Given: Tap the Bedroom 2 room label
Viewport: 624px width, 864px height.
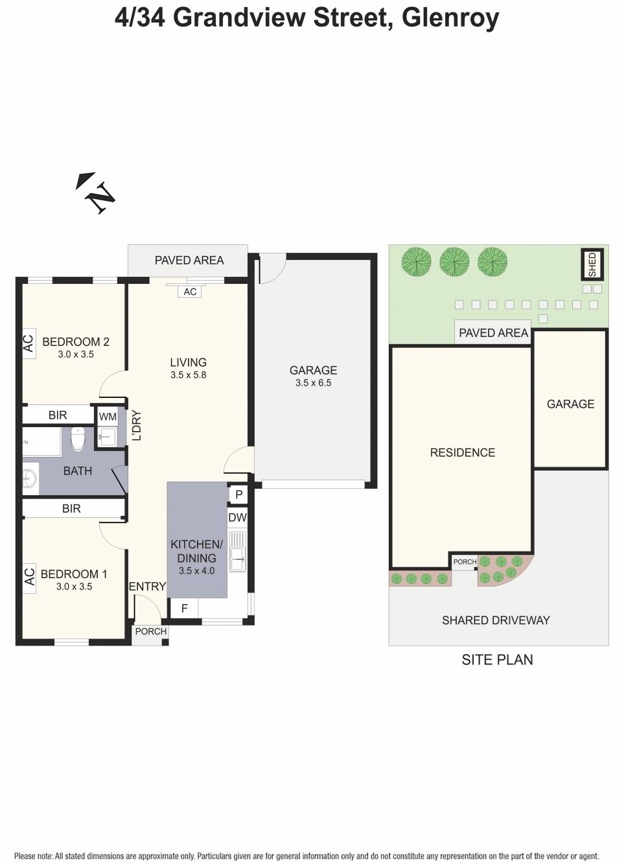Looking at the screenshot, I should click(75, 342).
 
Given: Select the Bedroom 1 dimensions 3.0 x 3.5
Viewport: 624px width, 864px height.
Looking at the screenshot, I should click(74, 587).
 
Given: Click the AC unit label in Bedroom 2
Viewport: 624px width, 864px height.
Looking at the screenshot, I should click(28, 342).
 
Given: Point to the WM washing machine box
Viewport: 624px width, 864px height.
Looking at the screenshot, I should click(108, 417).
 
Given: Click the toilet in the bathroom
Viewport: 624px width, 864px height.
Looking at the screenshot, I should click(78, 439).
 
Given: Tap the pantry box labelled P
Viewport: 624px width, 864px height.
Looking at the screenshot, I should click(238, 495).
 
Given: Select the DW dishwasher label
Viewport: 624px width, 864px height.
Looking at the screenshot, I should click(237, 517).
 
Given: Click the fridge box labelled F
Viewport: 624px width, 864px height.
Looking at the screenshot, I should click(184, 609).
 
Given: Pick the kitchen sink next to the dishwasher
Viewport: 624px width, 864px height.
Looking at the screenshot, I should click(238, 552).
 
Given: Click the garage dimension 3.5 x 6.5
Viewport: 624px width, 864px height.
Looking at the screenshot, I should click(313, 383).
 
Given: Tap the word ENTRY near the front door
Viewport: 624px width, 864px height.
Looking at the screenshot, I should click(147, 587).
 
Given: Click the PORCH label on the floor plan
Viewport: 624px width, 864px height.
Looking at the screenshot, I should click(150, 631).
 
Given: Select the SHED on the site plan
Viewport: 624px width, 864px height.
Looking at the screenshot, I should click(592, 264).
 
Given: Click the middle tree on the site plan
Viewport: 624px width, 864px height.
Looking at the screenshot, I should click(454, 262).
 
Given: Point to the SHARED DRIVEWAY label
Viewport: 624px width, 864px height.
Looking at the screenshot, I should click(496, 620).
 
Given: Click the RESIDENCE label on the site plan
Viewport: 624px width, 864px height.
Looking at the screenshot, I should click(462, 452).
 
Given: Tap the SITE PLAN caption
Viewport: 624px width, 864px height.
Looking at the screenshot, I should click(497, 660).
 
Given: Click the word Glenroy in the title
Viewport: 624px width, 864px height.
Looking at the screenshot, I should click(450, 18).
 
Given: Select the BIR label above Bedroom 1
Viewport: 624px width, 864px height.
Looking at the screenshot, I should click(71, 509).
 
